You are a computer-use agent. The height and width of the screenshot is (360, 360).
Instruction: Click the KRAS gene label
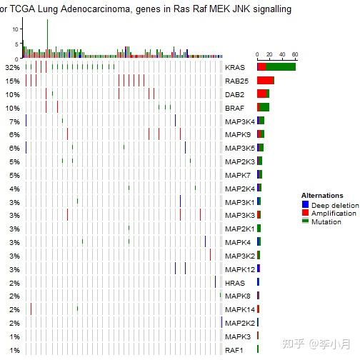click(234, 67)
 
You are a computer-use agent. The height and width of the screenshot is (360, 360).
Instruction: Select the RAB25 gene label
click(236, 81)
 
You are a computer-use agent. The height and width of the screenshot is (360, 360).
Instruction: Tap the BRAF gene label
click(234, 108)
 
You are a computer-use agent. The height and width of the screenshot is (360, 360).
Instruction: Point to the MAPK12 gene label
click(239, 269)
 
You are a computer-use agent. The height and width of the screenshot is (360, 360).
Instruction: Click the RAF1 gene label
click(234, 350)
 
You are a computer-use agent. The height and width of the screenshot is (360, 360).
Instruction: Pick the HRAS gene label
click(234, 283)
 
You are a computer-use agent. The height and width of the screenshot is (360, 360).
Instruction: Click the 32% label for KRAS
click(12, 67)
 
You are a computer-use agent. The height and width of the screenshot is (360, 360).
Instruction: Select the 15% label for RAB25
click(12, 81)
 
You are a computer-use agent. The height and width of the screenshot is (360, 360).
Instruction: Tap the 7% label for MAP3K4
click(14, 121)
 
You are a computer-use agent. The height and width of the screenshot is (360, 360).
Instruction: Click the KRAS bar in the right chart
click(276, 66)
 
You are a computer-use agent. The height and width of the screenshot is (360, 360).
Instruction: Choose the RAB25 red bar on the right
click(266, 80)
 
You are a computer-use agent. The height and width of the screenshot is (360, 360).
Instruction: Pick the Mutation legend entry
click(326, 222)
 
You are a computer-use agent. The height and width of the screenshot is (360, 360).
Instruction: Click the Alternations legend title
click(322, 196)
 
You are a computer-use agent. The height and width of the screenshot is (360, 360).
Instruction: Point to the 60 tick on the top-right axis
click(294, 54)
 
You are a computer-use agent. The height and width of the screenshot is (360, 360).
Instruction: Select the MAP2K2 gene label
click(239, 323)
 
